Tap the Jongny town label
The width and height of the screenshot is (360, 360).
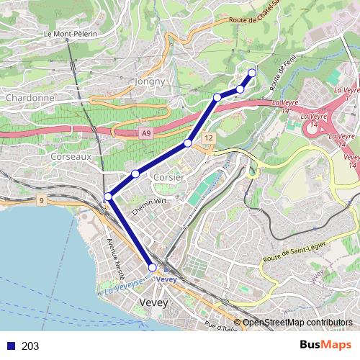coord(149,82)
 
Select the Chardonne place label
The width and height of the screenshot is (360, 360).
coord(29,97)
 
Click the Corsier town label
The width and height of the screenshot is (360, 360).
coord(169,176)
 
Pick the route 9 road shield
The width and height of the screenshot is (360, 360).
coord(42,199)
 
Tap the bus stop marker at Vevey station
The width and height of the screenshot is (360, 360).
coord(152,268)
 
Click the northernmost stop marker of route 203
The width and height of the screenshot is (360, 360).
coord(252,72)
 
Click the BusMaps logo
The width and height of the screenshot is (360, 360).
coord(325,345)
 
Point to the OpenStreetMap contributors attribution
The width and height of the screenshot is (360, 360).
coord(297,323)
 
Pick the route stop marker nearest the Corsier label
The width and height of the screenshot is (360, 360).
coord(135,174)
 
